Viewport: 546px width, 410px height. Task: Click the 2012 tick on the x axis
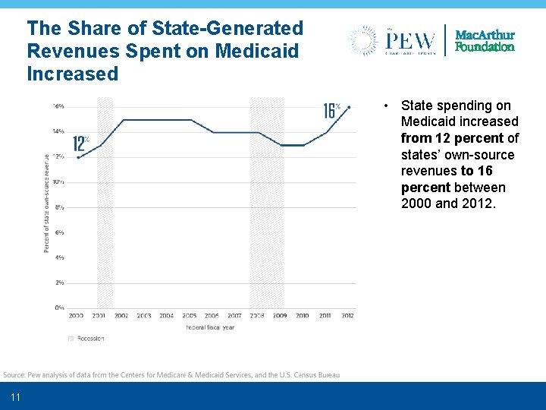(347, 315)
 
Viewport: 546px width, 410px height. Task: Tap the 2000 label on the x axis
(77, 315)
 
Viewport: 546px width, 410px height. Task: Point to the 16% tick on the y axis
(58, 106)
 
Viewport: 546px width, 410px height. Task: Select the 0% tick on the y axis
(59, 307)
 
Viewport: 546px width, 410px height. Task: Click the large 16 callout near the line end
(330, 111)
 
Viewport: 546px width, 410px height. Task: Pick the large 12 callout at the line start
(80, 143)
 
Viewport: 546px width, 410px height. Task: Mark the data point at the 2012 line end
(348, 106)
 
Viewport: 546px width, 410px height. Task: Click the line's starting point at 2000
(78, 157)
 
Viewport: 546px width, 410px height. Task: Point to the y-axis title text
(46, 203)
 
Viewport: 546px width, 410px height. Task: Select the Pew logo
(393, 39)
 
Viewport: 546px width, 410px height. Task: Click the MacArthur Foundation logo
(485, 41)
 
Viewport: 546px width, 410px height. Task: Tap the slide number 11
(16, 398)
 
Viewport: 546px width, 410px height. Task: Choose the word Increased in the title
(73, 74)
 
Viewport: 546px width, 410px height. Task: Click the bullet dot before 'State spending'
(387, 106)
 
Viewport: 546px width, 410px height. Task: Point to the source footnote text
(171, 374)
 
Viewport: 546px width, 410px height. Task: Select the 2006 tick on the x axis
(212, 315)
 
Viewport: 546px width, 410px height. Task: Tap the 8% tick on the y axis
(59, 207)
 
